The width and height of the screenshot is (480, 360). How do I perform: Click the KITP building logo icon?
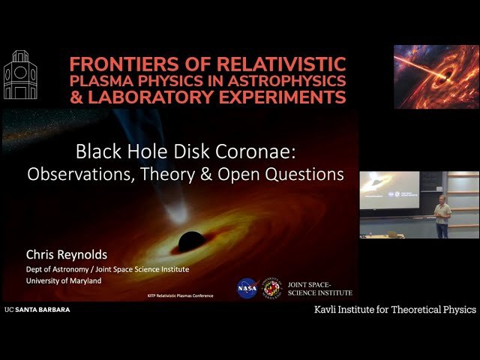click(x=20, y=75)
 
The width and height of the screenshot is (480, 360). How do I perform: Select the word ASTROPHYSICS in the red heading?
click(x=295, y=80)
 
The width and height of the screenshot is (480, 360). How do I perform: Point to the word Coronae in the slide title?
click(x=254, y=152)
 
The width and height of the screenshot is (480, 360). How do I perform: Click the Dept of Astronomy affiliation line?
click(x=107, y=269)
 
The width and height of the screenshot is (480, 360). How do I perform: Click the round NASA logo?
click(x=247, y=288)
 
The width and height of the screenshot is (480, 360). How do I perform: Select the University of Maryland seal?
click(x=272, y=288)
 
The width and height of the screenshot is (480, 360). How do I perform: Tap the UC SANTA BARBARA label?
click(x=37, y=309)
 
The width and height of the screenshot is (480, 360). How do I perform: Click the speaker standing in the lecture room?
click(x=443, y=217)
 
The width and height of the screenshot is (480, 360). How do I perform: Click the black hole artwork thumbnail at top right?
click(x=436, y=77)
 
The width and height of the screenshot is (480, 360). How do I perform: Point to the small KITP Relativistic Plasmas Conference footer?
click(x=179, y=295)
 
